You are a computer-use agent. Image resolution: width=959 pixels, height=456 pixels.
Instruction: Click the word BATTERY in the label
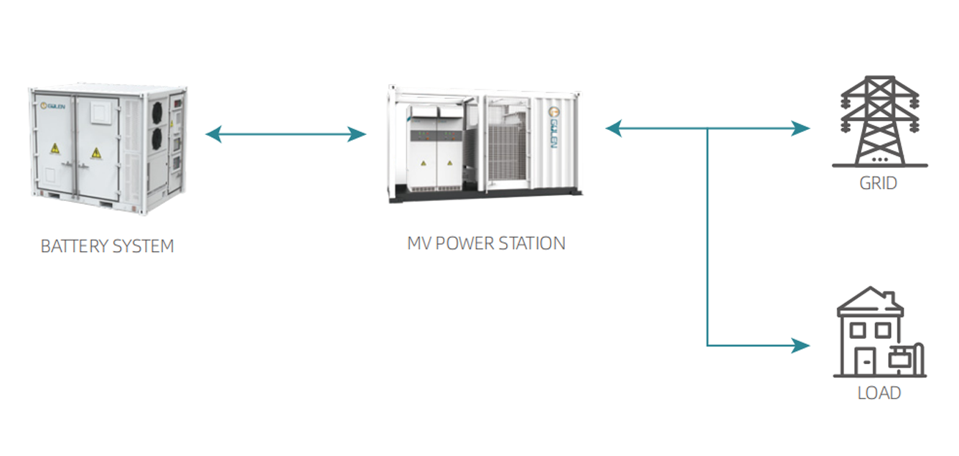point(74,246)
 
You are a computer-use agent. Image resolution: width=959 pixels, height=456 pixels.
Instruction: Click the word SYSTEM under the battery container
point(144,246)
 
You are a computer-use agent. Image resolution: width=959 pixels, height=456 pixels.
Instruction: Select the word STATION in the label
point(532,243)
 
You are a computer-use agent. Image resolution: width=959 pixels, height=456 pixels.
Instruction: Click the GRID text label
point(878,183)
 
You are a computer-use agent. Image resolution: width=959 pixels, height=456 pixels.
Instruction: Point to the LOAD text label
point(879,393)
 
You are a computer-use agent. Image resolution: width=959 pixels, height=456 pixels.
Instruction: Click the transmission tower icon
point(880,121)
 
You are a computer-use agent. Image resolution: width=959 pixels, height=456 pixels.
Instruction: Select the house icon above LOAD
point(880,332)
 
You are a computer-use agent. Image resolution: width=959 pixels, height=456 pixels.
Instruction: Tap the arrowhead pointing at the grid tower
point(800,128)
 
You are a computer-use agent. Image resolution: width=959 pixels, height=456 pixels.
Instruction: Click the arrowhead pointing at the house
point(800,345)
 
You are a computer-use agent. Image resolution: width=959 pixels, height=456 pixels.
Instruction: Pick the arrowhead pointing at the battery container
point(213,134)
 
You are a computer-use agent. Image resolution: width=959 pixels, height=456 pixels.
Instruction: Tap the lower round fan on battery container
point(157,139)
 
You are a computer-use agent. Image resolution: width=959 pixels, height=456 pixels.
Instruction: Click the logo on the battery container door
point(52,106)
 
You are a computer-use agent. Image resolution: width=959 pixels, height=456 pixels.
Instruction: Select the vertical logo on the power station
point(553,128)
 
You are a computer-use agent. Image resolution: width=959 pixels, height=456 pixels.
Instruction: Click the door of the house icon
point(866,361)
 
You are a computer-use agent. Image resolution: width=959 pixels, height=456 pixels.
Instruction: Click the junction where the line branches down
point(707,129)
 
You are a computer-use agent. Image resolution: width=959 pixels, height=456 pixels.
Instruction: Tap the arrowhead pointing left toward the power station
point(614,128)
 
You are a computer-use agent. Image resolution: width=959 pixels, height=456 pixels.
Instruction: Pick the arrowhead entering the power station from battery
point(357,134)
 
